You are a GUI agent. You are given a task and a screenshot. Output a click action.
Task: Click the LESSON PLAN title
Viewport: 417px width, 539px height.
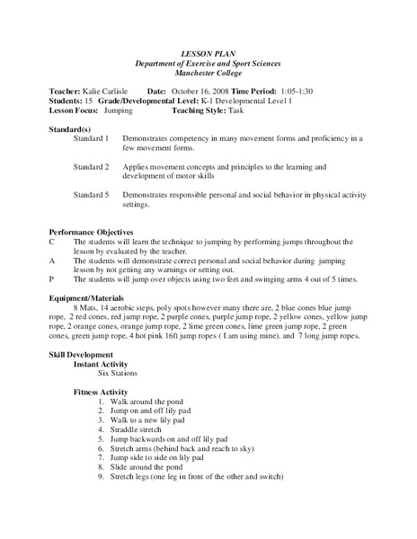coord(208,54)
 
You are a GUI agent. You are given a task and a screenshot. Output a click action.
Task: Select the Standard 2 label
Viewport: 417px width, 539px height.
coord(92,167)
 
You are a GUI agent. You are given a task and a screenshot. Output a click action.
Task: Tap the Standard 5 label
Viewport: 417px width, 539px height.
coord(92,195)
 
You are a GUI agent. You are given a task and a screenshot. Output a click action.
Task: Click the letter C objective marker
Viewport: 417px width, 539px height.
coord(52,243)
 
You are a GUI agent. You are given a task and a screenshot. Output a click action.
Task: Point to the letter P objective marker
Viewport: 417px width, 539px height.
coord(52,280)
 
